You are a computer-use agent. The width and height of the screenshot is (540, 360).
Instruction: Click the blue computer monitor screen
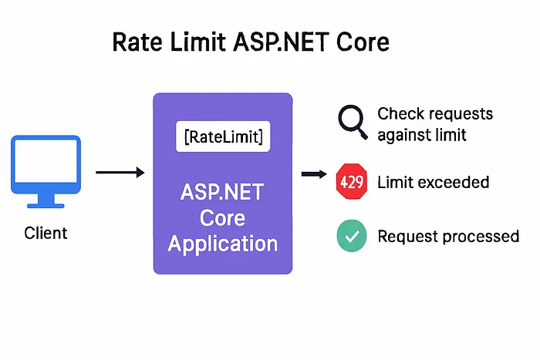(x=45, y=164)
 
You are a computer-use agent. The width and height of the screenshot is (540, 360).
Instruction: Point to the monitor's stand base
(x=45, y=204)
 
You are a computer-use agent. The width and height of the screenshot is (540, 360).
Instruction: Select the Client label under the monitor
(x=46, y=232)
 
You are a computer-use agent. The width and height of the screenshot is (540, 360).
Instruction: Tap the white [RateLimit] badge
(x=223, y=136)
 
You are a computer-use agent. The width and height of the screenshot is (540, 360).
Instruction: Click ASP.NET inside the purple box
(x=223, y=190)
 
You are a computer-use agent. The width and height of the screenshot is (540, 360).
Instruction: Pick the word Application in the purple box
(x=223, y=244)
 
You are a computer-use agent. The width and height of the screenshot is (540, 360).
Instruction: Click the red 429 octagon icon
(x=351, y=183)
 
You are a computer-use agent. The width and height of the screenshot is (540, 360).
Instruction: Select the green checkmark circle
(x=351, y=236)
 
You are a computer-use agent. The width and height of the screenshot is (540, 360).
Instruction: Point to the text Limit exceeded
(x=433, y=183)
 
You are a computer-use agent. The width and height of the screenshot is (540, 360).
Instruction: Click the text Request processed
(x=447, y=236)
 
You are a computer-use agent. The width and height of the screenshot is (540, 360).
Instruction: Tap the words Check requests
(x=434, y=114)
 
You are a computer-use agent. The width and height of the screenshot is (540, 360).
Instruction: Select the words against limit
(x=422, y=135)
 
